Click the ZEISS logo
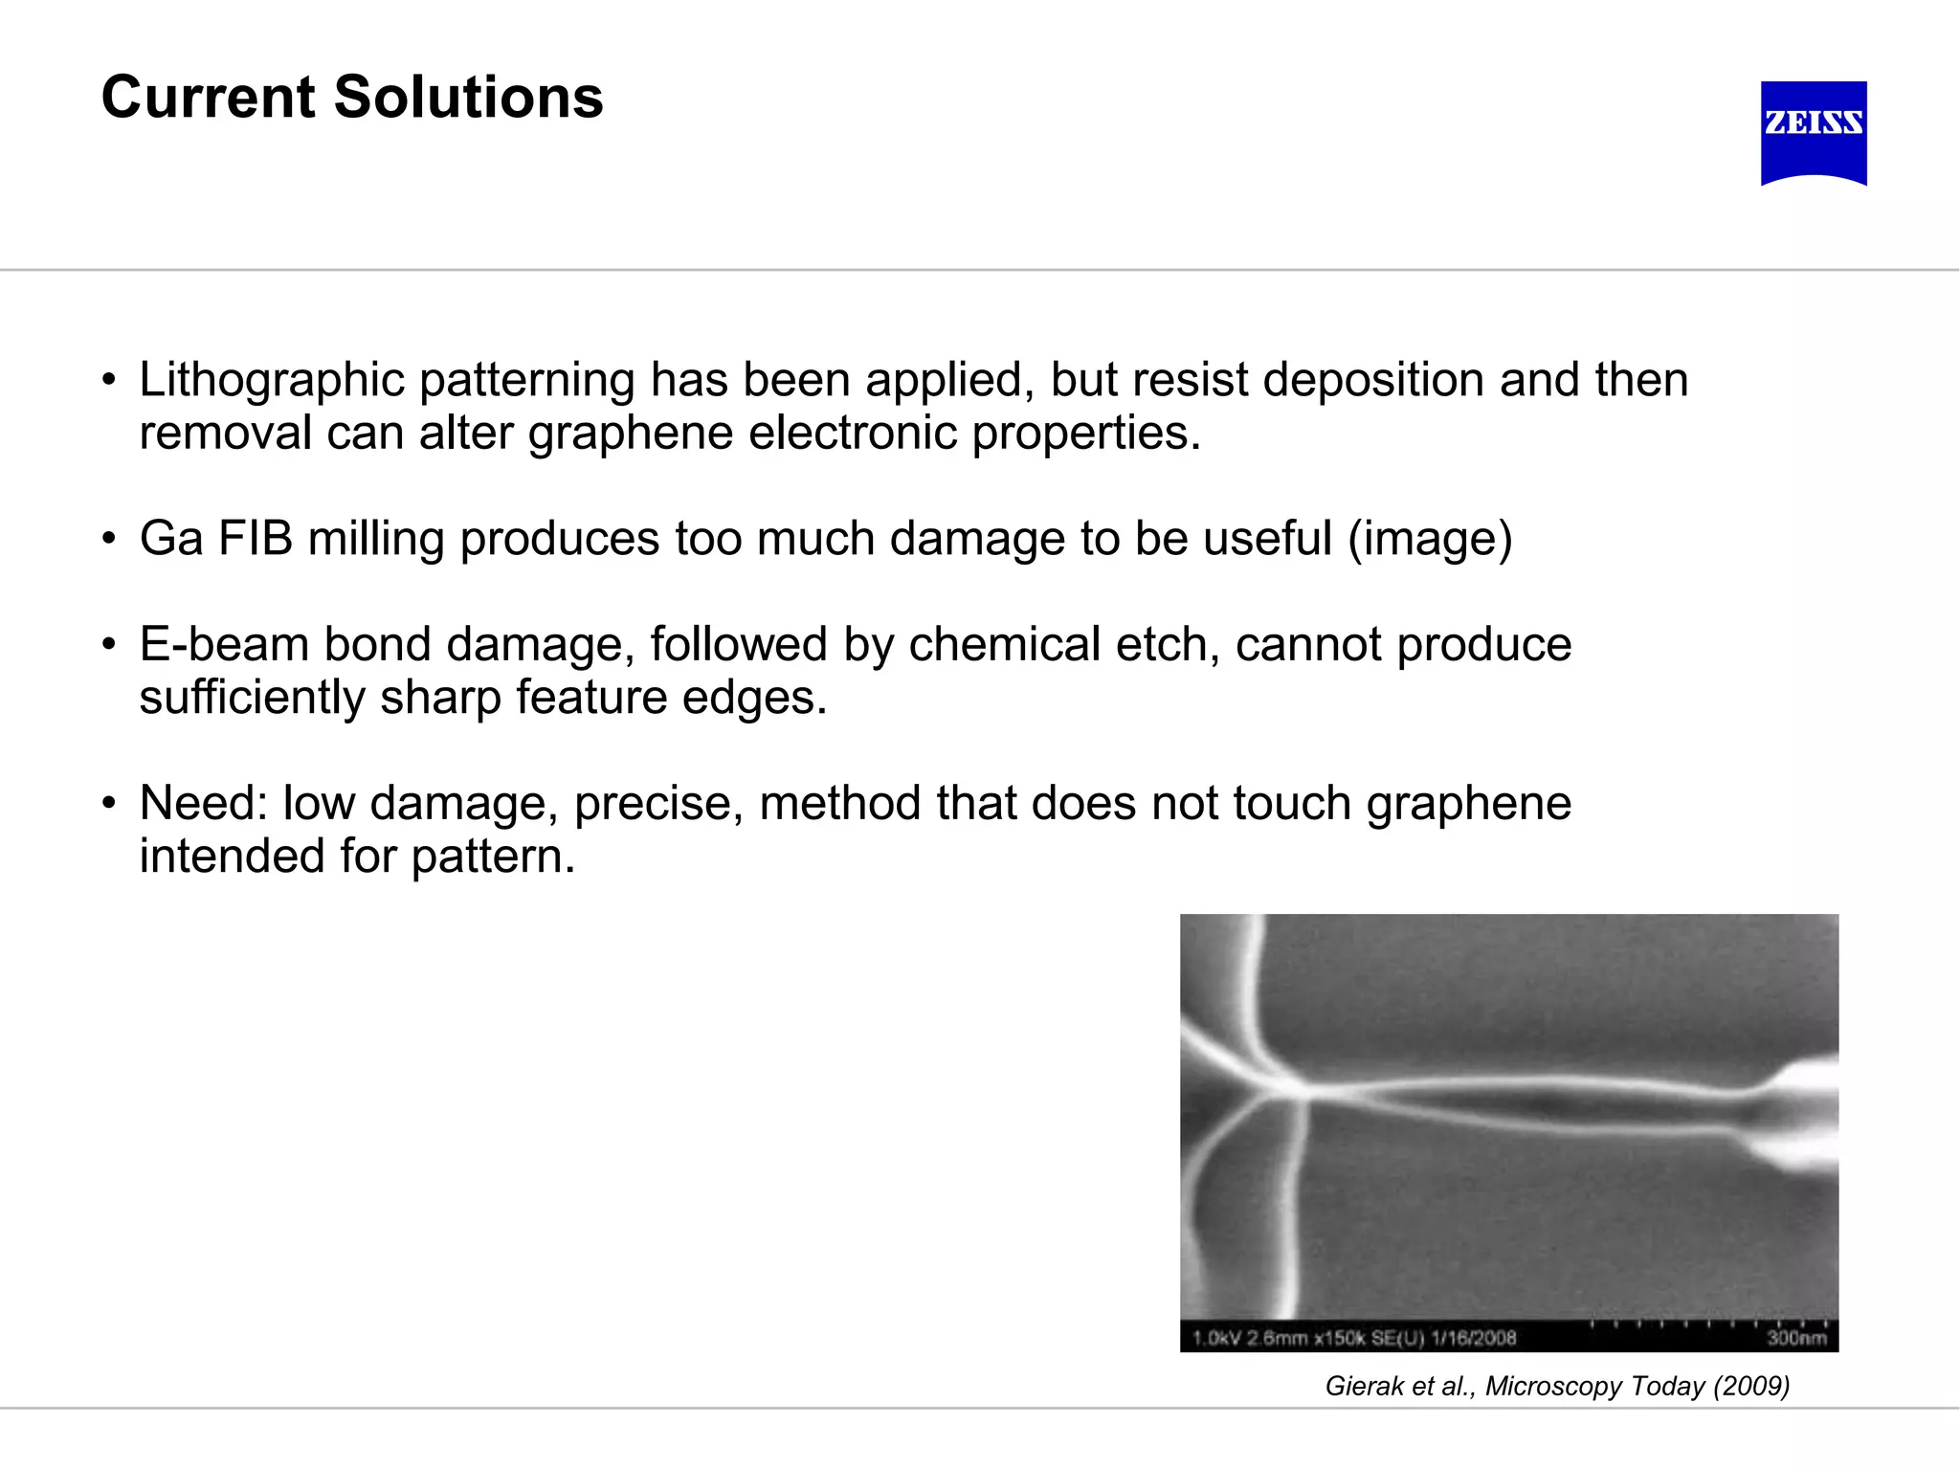point(1814,132)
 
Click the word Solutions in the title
point(468,98)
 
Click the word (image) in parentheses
point(1430,539)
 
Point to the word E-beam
point(224,644)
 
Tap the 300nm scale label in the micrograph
point(1795,1338)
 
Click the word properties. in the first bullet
point(1085,433)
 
